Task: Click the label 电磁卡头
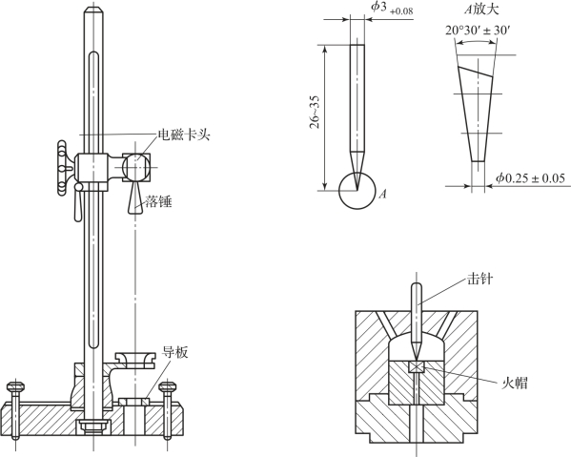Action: coord(184,135)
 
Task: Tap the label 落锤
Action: coord(158,201)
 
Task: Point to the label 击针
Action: coord(480,280)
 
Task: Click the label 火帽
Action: coord(515,383)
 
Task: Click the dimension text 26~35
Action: coord(315,112)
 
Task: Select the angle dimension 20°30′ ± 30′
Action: coord(478,31)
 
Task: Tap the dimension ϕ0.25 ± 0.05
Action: coord(530,178)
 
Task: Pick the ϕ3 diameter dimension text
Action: coord(392,9)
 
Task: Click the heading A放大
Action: coord(481,10)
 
